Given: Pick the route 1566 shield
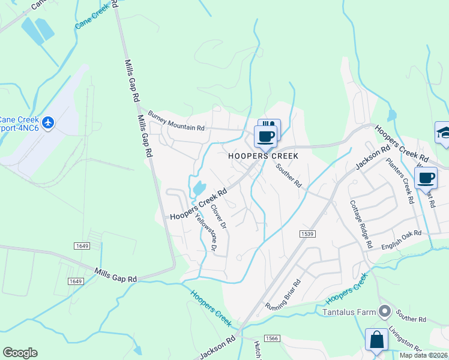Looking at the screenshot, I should tap(272, 338).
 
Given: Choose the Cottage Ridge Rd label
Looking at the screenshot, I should tap(360, 224).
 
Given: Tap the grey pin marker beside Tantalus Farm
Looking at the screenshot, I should tap(385, 311).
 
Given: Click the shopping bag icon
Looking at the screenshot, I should tap(376, 340).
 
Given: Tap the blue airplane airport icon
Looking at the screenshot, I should tap(49, 123).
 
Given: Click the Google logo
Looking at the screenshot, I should tap(20, 353).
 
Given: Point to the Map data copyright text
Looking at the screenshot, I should tap(423, 355).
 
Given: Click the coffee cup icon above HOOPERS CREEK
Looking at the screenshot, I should tap(265, 136).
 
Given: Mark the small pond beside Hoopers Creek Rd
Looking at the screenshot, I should tap(198, 187).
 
